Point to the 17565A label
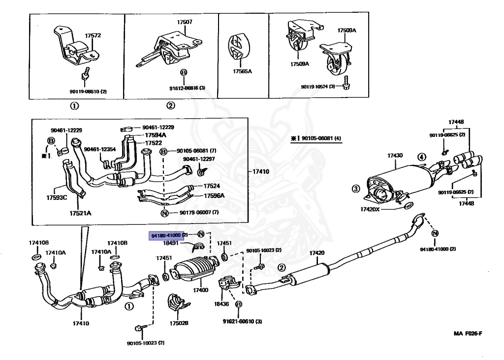(242, 71)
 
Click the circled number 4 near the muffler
(421, 158)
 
